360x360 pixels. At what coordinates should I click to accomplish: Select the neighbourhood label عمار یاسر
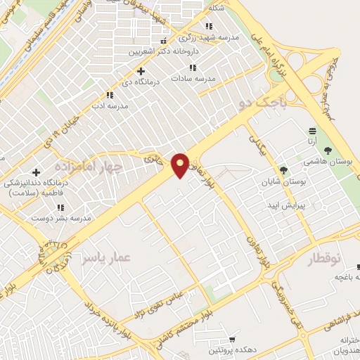(105, 259)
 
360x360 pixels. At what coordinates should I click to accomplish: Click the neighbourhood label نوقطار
(330, 259)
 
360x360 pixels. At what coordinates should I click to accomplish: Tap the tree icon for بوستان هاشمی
(328, 150)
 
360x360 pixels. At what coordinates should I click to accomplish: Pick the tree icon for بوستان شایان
(283, 170)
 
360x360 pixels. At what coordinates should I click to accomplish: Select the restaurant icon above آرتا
(312, 131)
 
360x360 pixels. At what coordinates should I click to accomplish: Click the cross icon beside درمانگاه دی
(141, 71)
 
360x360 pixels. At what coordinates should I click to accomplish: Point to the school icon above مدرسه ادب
(109, 94)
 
